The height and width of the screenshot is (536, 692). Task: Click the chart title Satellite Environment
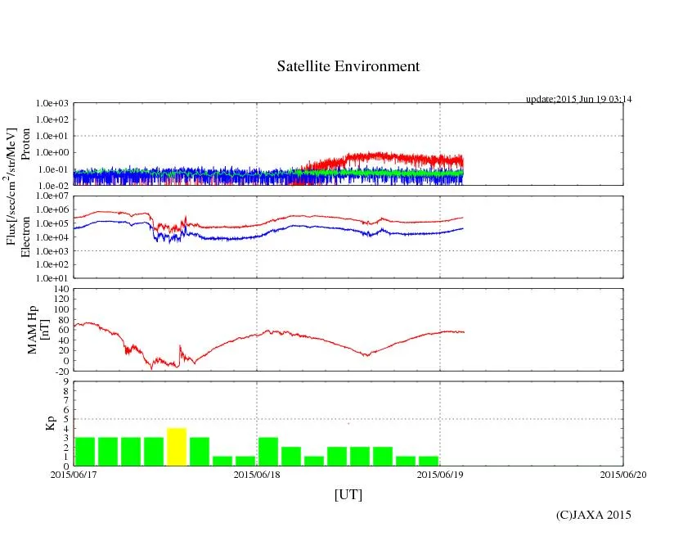coord(348,66)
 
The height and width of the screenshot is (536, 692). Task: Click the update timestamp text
coord(578,99)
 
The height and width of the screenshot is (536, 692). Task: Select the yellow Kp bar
coord(177,446)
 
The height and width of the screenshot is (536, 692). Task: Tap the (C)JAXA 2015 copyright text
coord(593,515)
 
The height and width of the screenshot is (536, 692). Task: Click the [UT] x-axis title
coord(348,495)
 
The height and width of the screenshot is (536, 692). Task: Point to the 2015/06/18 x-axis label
coord(257,474)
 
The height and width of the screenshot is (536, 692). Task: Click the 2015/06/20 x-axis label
coord(623,474)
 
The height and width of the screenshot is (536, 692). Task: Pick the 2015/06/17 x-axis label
coord(74,474)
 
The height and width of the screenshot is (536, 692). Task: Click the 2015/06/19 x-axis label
coord(440,474)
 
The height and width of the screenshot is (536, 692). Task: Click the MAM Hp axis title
coord(38,330)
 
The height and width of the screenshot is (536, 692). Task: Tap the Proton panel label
coord(25,145)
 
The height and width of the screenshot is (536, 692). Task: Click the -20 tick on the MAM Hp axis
coord(61,371)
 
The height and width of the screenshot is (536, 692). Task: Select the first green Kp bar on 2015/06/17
coord(85,451)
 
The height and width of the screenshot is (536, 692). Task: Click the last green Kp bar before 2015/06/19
coord(429,461)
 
